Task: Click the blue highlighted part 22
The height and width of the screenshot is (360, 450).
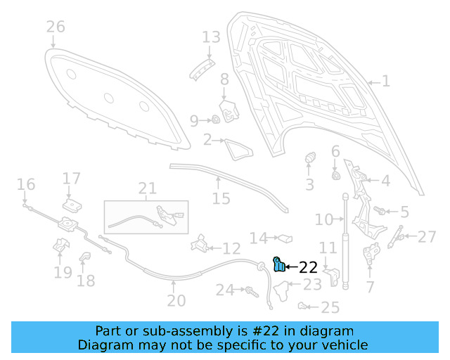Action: pyautogui.click(x=279, y=264)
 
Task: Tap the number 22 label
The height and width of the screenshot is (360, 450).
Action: pyautogui.click(x=308, y=267)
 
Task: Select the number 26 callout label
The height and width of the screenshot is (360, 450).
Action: pyautogui.click(x=56, y=27)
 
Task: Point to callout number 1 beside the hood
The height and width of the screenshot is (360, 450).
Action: pyautogui.click(x=385, y=82)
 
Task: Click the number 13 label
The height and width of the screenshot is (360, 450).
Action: pyautogui.click(x=211, y=37)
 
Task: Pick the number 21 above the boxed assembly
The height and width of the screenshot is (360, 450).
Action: pyautogui.click(x=147, y=188)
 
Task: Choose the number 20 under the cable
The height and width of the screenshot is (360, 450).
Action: pyautogui.click(x=176, y=301)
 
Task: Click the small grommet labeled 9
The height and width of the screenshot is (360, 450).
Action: pyautogui.click(x=217, y=120)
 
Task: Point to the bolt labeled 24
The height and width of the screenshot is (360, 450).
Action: pyautogui.click(x=249, y=289)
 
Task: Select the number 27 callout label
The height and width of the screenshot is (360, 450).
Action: pyautogui.click(x=427, y=236)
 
